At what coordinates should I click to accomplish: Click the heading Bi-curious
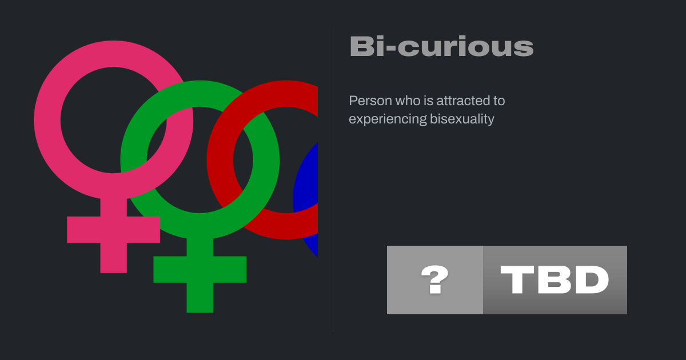tap(441, 46)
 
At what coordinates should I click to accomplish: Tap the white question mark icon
tap(435, 279)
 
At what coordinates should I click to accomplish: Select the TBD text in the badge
tap(555, 279)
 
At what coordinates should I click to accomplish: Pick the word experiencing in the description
tap(388, 119)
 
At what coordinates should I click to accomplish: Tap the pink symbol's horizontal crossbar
tap(114, 230)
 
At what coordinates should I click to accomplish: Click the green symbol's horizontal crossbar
tap(200, 269)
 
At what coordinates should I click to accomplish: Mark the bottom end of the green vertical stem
tap(200, 312)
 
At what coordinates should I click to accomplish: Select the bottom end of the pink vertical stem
tap(114, 273)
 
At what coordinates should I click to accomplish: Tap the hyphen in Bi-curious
tap(392, 48)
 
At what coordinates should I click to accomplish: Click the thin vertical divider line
tap(333, 180)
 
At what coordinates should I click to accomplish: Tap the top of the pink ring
tap(114, 54)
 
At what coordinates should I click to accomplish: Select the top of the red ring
tap(286, 94)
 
